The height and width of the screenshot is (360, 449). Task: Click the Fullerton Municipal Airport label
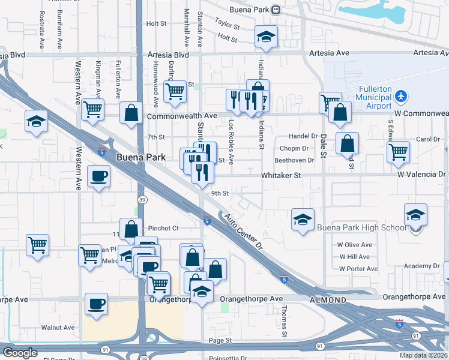coord(375,98)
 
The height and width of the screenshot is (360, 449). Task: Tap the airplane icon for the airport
coord(402,97)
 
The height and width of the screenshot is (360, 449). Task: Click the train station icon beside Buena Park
coord(276,10)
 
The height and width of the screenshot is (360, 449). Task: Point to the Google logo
coord(20,353)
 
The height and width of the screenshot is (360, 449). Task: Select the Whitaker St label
coord(280,175)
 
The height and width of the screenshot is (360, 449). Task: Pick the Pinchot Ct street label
coord(163,228)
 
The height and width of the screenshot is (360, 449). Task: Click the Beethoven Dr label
coord(294,160)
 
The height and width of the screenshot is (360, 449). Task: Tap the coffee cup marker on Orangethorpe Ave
coord(97,304)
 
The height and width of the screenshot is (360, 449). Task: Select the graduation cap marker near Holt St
coord(266,37)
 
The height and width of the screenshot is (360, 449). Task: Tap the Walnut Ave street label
coord(58,328)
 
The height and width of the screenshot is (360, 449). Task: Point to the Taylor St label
coord(228,26)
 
